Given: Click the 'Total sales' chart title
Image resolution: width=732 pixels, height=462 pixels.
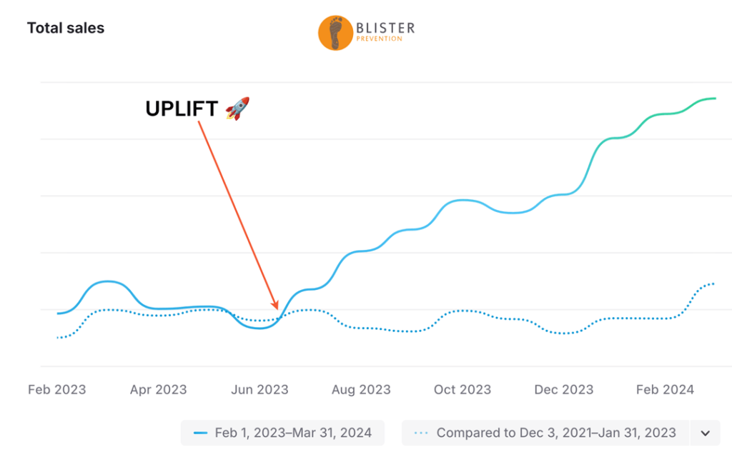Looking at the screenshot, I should tap(65, 29).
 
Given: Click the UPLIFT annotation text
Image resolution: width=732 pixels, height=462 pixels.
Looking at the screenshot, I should tap(182, 109).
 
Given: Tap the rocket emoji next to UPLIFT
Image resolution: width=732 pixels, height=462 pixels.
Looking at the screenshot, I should tap(237, 109).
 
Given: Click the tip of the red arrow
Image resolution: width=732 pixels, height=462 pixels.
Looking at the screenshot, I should tap(277, 308).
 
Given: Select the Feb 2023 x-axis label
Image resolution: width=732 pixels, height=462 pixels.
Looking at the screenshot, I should tap(56, 390).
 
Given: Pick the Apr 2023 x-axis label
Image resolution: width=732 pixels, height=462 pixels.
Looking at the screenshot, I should tap(158, 390).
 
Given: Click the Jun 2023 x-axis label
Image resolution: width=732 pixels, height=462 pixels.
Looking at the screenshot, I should tap(259, 390).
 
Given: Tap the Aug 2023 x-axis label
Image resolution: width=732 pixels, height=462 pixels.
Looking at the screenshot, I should tap(361, 390).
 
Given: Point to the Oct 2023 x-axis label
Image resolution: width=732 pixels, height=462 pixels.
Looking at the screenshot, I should tap(463, 390).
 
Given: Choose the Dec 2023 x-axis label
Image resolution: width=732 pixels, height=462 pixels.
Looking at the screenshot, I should tap(564, 390).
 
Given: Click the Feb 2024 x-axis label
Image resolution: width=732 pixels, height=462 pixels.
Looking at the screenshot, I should tap(665, 390).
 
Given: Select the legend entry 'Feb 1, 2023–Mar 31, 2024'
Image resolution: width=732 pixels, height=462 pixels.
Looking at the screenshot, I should tap(282, 433).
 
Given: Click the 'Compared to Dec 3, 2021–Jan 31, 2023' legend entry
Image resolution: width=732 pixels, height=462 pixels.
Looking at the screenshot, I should tap(546, 433).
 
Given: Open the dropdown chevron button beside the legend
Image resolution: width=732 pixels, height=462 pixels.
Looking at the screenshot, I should tap(705, 433).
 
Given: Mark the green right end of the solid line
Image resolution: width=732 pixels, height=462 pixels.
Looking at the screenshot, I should tap(715, 99).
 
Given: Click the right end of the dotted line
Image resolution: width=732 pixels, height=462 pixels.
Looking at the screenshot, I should tap(714, 283).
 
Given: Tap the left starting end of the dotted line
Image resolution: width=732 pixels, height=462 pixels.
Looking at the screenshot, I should tap(58, 338).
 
